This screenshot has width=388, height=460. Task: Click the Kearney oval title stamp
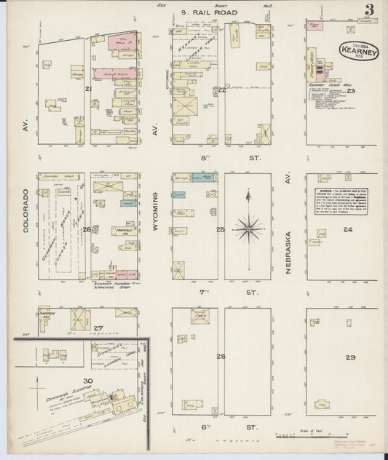[353, 53]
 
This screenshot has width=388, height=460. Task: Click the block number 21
[88, 89]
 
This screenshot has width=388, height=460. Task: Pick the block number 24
[347, 230]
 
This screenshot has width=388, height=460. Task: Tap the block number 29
[350, 358]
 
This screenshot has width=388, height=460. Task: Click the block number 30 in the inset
[89, 381]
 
